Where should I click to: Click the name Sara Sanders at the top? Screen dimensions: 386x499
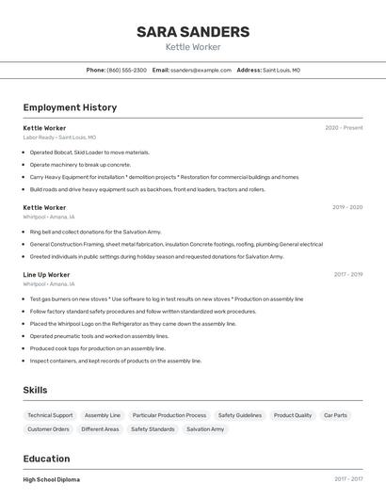tap(193, 31)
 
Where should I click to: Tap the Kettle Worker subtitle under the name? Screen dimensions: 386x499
tap(193, 46)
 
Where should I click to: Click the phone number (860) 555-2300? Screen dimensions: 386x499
tap(126, 70)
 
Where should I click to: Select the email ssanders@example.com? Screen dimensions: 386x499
tap(201, 70)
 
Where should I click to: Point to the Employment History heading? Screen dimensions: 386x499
tap(70, 107)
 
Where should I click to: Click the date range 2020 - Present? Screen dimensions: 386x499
tap(344, 127)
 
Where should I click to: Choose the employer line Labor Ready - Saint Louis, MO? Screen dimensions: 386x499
tap(59, 137)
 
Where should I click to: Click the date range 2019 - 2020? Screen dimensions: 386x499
tap(346, 207)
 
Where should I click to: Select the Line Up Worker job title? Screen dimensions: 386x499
tap(46, 275)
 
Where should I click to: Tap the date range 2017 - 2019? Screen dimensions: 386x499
tap(347, 275)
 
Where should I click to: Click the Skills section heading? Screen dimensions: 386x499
tap(35, 390)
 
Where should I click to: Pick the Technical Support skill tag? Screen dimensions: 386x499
tap(50, 415)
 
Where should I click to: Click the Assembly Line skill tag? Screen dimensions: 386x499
tap(103, 415)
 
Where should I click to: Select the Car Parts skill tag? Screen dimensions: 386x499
tap(335, 415)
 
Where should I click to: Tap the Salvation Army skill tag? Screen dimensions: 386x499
tap(205, 429)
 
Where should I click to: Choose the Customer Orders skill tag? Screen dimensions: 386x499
tap(48, 429)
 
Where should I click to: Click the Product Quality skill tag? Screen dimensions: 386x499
tap(292, 415)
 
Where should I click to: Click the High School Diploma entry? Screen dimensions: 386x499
tap(51, 479)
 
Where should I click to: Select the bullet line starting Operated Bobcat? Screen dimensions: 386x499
tap(89, 152)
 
